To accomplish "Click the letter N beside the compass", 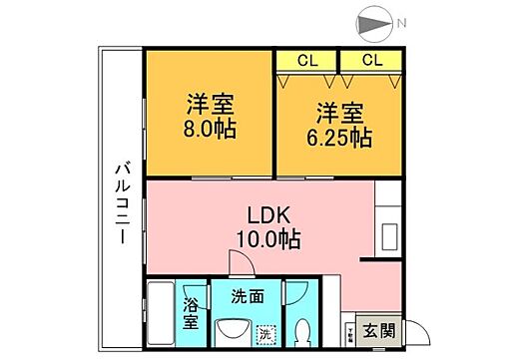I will coord(400,22).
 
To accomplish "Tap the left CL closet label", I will coord(306,59).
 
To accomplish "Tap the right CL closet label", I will coord(371,59).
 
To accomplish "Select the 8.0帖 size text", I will coord(210,131).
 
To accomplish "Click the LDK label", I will coord(266,213).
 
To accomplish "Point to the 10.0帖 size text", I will coord(266,238).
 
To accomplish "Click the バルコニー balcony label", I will coord(118,198).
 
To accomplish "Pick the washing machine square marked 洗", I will coord(265,334).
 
